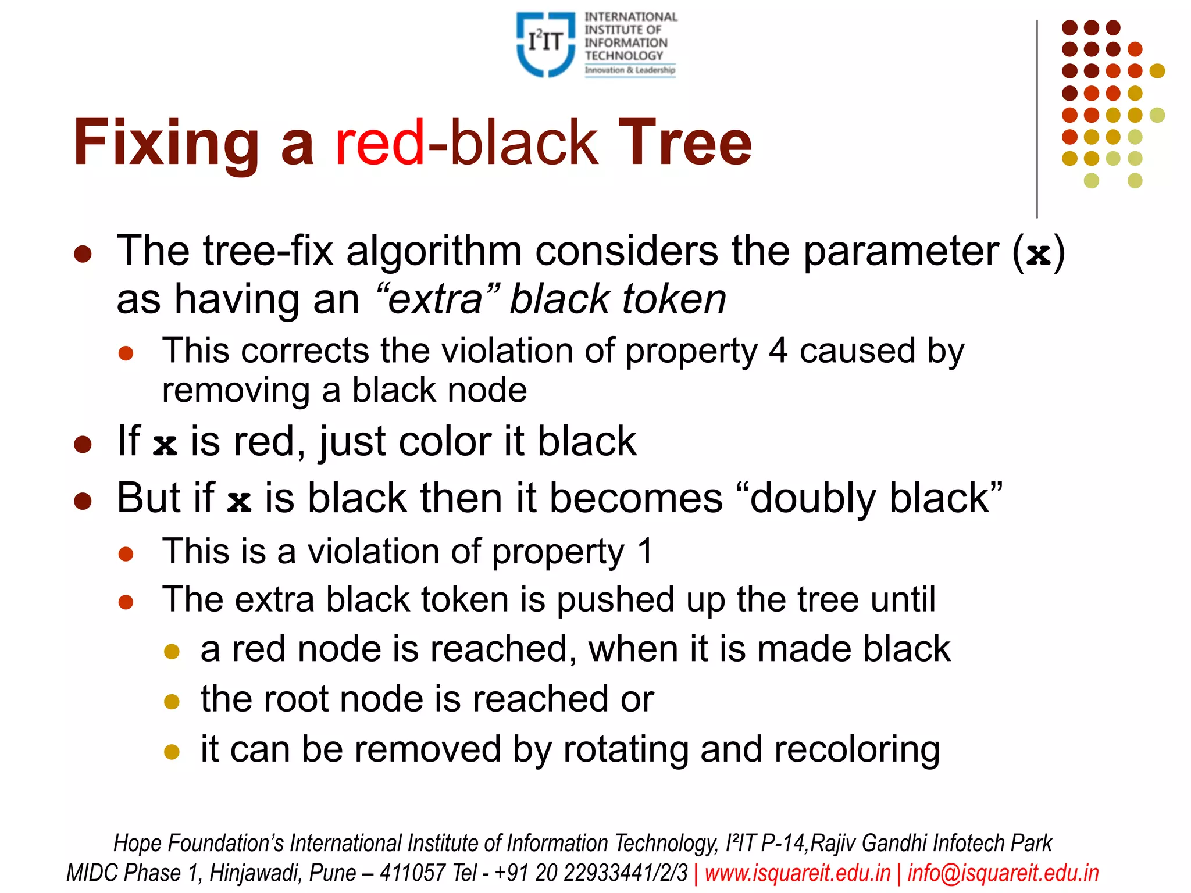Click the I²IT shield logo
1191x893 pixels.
545,44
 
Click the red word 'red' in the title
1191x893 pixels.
380,143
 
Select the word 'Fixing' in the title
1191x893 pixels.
166,143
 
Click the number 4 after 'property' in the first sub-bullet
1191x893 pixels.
778,351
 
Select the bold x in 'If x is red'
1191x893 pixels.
165,445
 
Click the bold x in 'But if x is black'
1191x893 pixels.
239,501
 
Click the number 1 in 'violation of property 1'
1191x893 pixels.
645,551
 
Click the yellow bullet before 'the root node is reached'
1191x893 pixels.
172,702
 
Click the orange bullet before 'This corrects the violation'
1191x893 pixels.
126,353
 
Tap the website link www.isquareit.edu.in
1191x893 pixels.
797,873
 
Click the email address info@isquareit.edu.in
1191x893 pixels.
1003,873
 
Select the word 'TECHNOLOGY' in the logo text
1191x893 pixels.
623,56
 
